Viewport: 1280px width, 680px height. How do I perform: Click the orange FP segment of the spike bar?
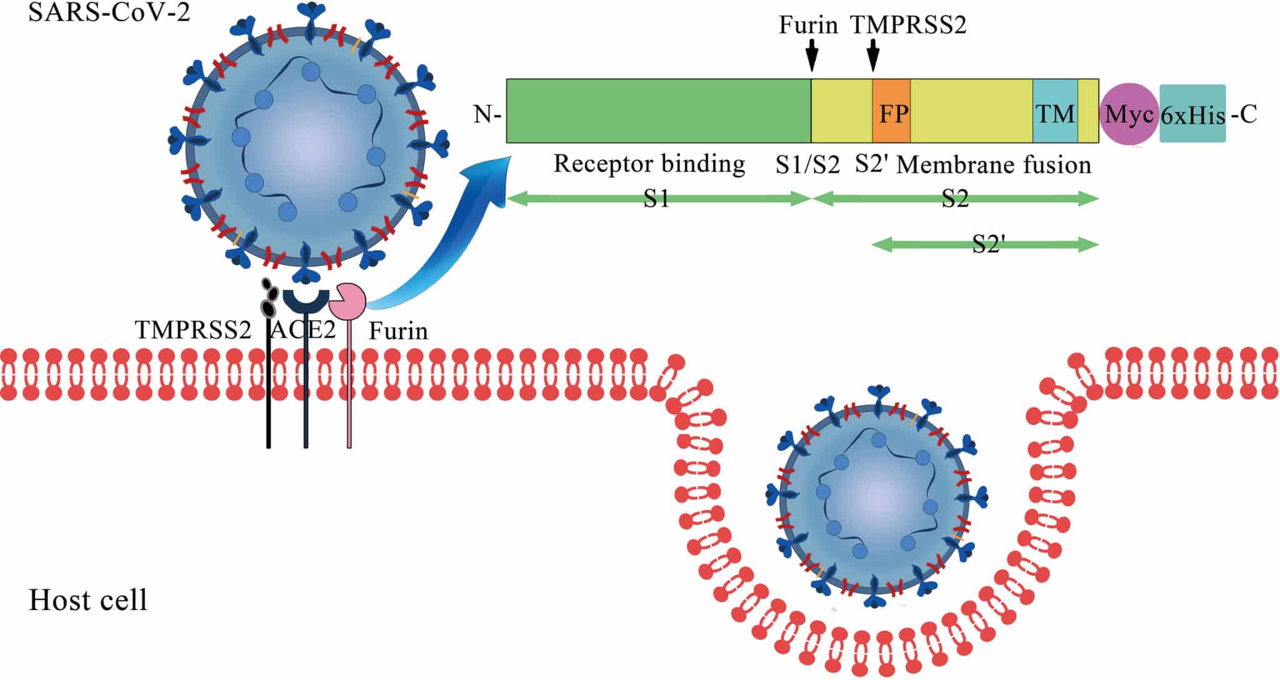click(x=891, y=111)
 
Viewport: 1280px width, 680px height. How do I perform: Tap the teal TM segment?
click(x=1055, y=111)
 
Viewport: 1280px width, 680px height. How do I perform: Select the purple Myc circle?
click(x=1129, y=114)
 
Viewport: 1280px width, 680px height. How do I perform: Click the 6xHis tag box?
click(x=1192, y=114)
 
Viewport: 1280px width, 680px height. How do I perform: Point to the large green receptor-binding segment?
click(x=658, y=111)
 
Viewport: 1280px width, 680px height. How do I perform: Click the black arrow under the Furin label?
click(x=811, y=56)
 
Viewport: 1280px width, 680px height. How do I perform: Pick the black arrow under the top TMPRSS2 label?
click(x=874, y=56)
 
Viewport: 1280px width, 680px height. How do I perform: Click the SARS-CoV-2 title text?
click(x=109, y=12)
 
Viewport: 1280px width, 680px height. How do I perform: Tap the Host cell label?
click(x=88, y=600)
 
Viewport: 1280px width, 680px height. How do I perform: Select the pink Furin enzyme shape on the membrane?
click(x=347, y=301)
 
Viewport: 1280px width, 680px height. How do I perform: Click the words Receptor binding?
click(x=649, y=164)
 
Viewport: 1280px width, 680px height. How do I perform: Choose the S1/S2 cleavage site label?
click(x=807, y=165)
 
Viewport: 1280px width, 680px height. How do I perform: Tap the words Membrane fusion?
click(x=994, y=165)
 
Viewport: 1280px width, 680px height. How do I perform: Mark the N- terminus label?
click(x=488, y=115)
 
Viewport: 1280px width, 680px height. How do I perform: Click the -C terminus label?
click(x=1244, y=115)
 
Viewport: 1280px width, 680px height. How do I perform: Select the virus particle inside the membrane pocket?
click(x=877, y=498)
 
